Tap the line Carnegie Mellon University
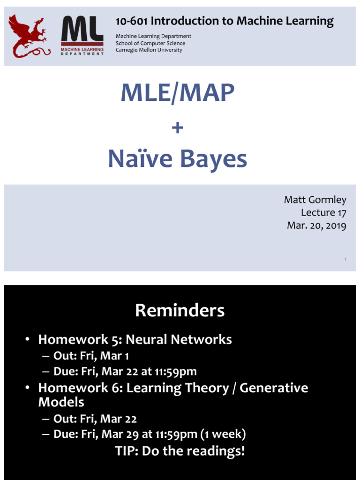click(149, 50)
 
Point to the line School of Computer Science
click(150, 43)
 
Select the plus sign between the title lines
click(177, 127)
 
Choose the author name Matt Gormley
click(315, 200)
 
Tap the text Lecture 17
click(323, 213)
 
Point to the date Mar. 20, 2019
click(316, 225)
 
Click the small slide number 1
click(345, 259)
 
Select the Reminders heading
click(180, 310)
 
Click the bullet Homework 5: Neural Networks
click(135, 339)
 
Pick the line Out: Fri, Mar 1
click(91, 356)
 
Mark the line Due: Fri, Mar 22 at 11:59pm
click(125, 372)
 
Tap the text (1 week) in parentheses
click(223, 435)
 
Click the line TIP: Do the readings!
click(180, 451)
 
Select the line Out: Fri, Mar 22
click(95, 419)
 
